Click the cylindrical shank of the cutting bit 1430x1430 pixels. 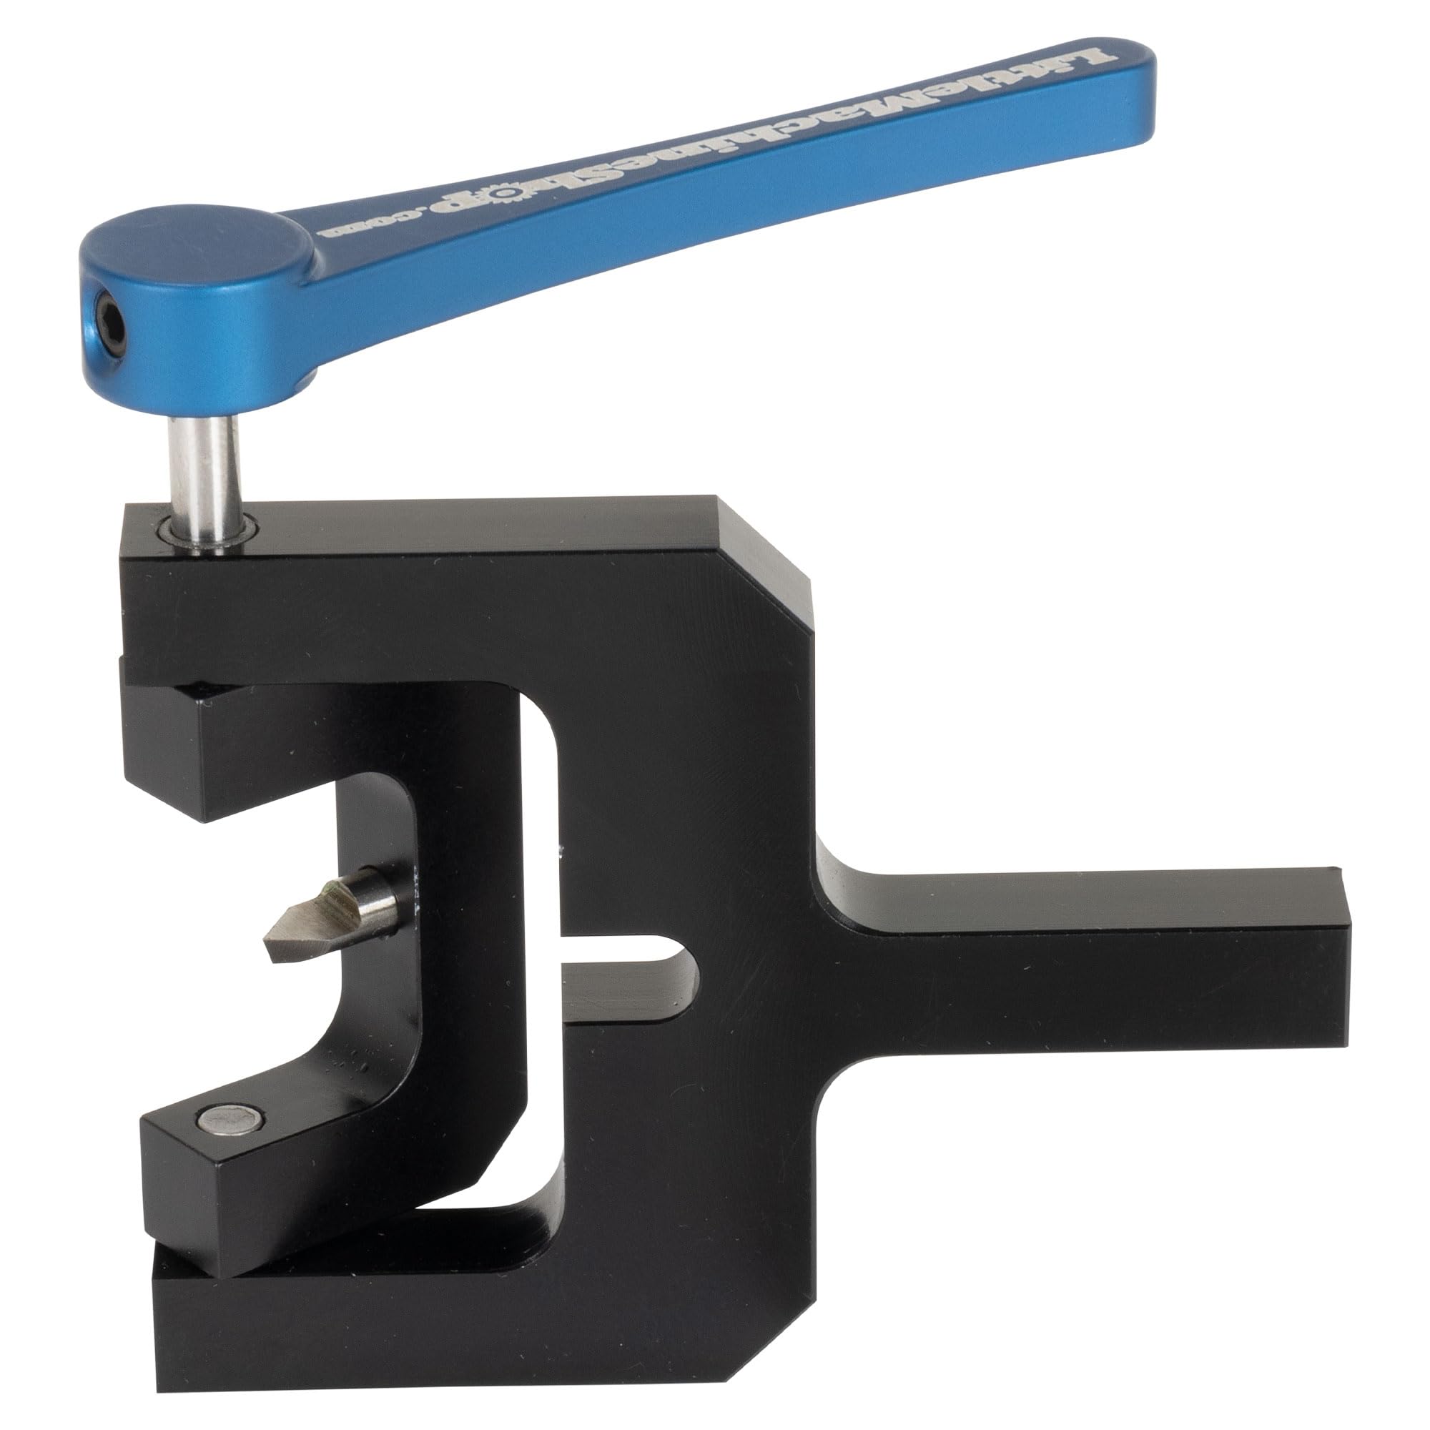click(x=374, y=904)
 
